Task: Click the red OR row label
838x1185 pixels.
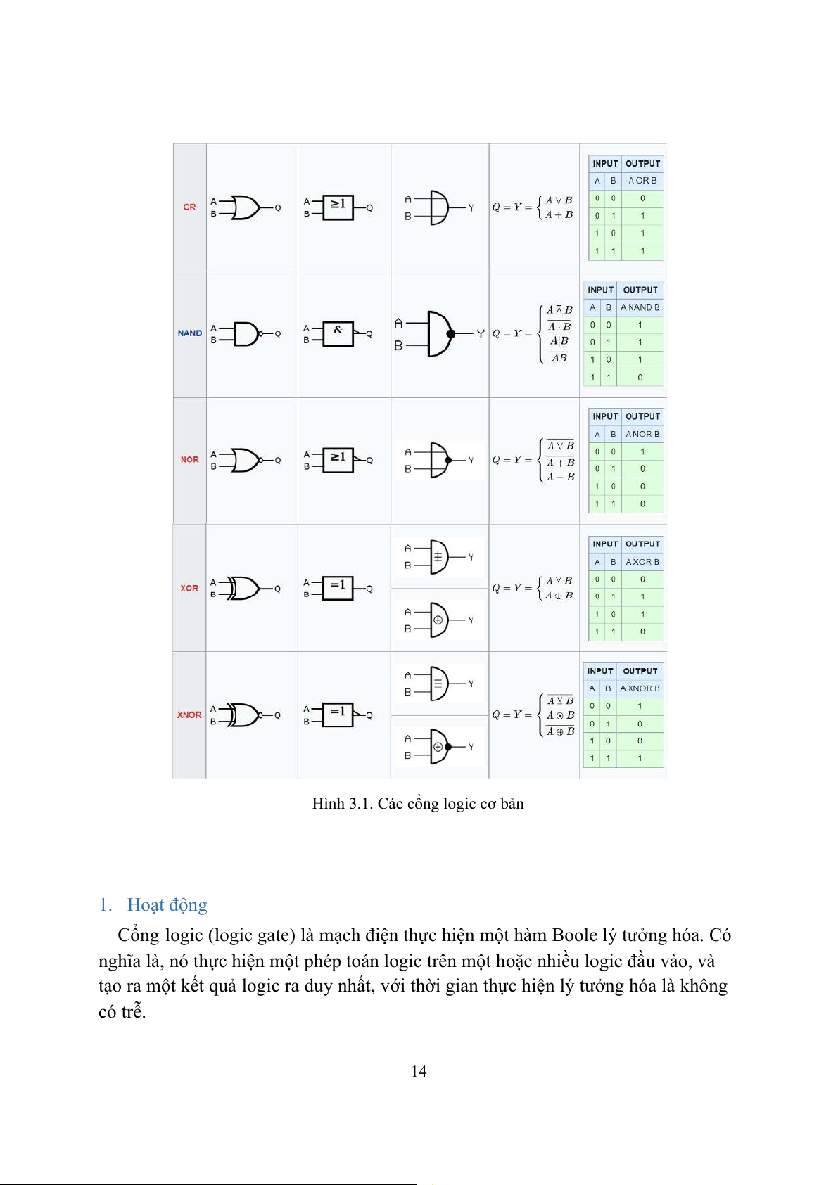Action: point(189,207)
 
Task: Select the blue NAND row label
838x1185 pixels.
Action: point(190,333)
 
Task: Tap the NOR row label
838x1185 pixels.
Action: point(190,460)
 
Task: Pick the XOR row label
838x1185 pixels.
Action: point(189,589)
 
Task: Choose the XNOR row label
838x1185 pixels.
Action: point(189,715)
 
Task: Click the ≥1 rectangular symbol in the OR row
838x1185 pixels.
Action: point(338,207)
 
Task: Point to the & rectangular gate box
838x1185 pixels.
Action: point(338,333)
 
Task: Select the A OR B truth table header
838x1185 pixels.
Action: point(642,181)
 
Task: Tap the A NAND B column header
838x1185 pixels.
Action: point(640,307)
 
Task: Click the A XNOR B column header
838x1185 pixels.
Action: point(640,688)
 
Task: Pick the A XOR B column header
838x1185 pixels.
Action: point(642,562)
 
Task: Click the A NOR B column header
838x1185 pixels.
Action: point(642,434)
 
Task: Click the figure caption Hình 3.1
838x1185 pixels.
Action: point(418,804)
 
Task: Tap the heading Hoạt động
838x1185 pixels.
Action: point(167,905)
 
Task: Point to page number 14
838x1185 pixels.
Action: point(419,1071)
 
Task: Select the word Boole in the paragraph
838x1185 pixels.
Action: point(574,935)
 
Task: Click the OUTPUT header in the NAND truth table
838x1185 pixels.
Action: point(640,290)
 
